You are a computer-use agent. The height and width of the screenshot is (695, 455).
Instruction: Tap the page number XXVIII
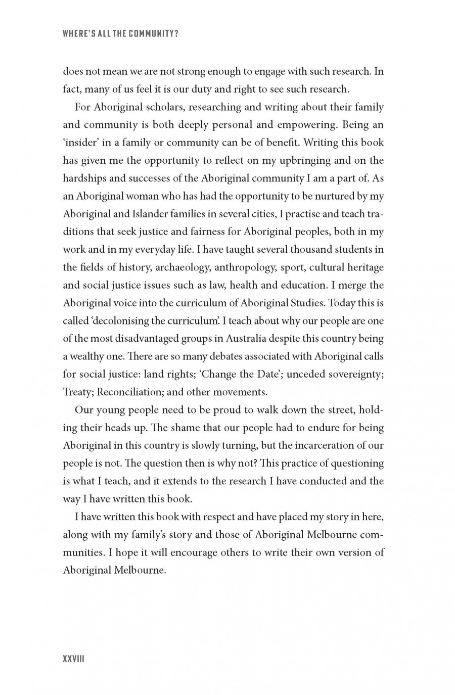[x=73, y=659]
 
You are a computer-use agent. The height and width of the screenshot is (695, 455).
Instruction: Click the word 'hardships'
[x=84, y=178]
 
